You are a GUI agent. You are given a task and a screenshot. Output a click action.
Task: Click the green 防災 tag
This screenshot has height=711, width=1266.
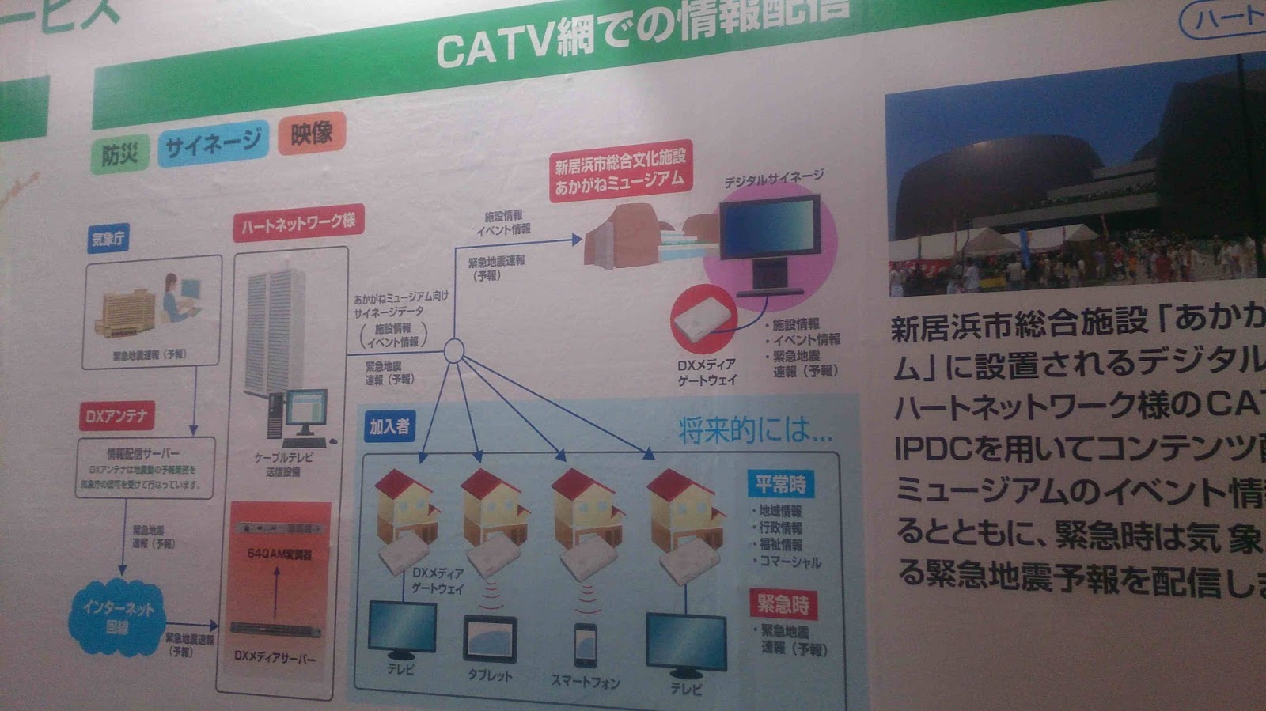click(120, 153)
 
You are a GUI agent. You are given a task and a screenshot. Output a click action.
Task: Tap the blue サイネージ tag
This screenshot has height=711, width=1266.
click(213, 144)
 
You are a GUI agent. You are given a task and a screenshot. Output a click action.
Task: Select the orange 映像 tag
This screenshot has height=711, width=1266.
click(311, 133)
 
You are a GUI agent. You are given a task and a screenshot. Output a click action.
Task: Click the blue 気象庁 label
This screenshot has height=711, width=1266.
click(108, 238)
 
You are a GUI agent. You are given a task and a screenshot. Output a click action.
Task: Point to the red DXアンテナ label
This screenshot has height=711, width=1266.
click(116, 416)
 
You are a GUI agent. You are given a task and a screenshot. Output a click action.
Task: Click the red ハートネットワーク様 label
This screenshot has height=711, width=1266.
click(298, 223)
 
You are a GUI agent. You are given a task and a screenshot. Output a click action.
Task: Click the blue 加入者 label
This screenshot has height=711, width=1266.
click(389, 426)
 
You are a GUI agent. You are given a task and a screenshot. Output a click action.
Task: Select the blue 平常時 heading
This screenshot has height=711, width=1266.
click(780, 483)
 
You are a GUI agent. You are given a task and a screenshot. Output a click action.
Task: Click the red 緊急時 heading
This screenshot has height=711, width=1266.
click(783, 604)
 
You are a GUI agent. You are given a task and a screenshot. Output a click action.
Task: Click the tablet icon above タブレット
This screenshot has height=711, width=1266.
click(490, 639)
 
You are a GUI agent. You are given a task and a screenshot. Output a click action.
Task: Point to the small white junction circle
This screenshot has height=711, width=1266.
click(453, 350)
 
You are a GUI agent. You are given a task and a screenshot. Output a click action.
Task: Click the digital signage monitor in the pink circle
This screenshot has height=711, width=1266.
click(769, 233)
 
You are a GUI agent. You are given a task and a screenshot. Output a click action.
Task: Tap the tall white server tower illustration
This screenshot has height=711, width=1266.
click(275, 332)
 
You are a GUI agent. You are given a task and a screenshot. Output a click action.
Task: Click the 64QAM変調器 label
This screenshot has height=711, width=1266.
click(279, 554)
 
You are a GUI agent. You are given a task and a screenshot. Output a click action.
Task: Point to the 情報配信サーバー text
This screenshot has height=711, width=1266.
click(143, 453)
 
